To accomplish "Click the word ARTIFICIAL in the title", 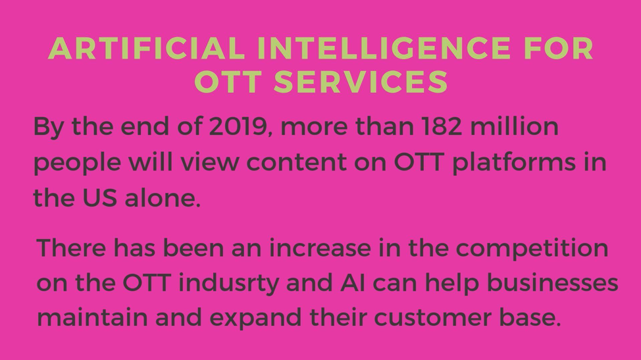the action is pyautogui.click(x=146, y=48).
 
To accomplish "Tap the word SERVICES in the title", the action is pyautogui.click(x=361, y=82).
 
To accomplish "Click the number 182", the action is pyautogui.click(x=442, y=126).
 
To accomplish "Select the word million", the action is pyautogui.click(x=514, y=126).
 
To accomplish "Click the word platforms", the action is pyautogui.click(x=514, y=162).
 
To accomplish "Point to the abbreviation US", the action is pyautogui.click(x=100, y=198).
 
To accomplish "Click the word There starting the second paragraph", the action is pyautogui.click(x=71, y=247).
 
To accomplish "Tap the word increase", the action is pyautogui.click(x=320, y=248).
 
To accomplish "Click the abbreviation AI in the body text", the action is pyautogui.click(x=353, y=283).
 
